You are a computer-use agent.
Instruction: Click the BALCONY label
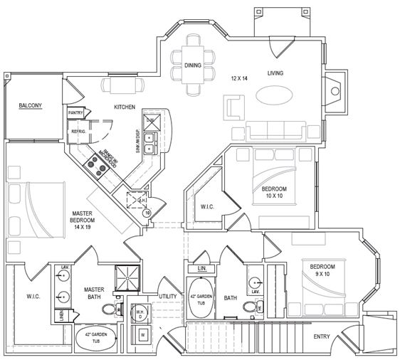click(x=30, y=106)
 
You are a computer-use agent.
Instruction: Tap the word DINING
click(x=192, y=66)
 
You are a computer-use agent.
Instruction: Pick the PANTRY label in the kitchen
click(x=75, y=113)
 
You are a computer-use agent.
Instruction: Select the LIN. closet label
click(x=201, y=269)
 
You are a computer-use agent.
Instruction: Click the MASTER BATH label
click(x=95, y=294)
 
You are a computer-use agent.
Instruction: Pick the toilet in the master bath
click(x=109, y=309)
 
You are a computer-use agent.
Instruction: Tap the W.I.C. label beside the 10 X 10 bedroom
click(x=208, y=207)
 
